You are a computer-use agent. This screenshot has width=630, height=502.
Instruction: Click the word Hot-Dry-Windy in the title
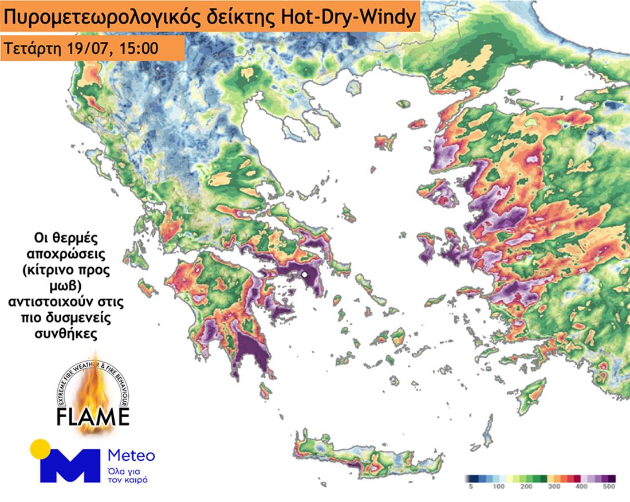[x=346, y=18]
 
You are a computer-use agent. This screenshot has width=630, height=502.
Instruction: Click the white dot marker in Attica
[x=305, y=276]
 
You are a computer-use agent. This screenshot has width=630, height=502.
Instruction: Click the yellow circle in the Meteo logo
[x=40, y=448]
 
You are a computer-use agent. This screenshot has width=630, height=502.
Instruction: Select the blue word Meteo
[x=131, y=456]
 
